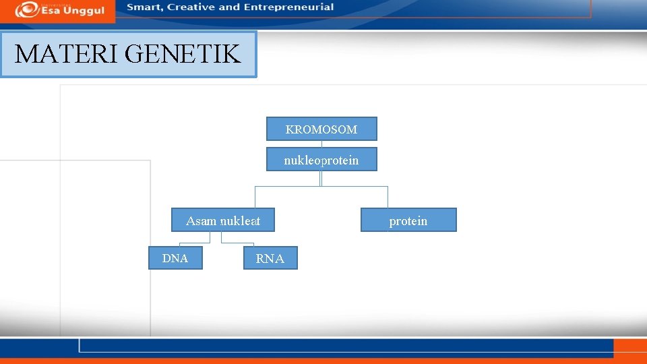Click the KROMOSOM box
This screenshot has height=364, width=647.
point(321,129)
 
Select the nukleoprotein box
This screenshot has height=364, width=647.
point(321,160)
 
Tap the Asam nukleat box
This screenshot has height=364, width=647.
point(223,220)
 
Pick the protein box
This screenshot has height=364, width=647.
point(408,220)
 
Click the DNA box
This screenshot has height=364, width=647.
point(175,258)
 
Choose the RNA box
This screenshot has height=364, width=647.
point(270,258)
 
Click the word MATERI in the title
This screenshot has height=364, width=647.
point(66,54)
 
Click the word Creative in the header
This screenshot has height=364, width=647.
point(192,7)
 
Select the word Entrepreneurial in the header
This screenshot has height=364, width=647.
point(288,7)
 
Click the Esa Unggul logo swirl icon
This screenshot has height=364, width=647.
point(26,9)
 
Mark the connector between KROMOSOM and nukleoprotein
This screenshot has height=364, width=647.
point(321,144)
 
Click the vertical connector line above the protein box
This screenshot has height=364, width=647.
point(388,197)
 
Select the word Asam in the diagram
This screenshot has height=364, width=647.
point(201,220)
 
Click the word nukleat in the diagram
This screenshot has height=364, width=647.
point(240,220)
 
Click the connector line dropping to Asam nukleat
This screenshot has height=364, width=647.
point(255,197)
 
